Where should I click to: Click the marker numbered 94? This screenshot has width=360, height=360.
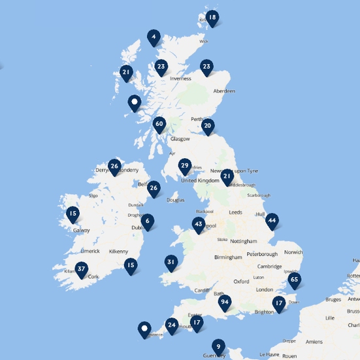(225, 302)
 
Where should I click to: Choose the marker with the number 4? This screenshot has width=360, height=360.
(154, 37)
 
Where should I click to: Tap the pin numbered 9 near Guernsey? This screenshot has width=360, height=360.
(218, 346)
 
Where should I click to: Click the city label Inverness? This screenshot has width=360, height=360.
(180, 78)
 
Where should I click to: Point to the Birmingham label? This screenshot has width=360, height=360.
(227, 257)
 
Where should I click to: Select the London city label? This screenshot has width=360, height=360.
(265, 289)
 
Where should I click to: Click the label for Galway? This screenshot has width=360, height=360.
(82, 230)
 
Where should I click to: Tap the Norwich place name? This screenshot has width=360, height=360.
(293, 253)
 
